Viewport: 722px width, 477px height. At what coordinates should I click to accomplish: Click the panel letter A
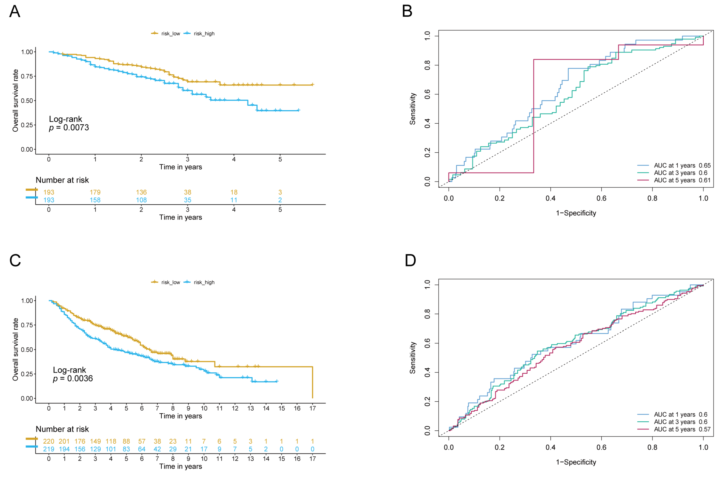coord(15,12)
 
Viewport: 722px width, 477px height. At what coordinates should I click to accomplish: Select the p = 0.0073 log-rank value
coord(69,128)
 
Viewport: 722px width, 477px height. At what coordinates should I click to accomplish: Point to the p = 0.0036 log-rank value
coord(73,378)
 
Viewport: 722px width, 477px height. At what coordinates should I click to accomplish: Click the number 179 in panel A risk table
coord(95,192)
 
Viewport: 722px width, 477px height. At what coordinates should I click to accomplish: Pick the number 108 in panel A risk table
coord(141,200)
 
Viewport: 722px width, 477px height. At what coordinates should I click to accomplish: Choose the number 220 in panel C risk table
coord(49,441)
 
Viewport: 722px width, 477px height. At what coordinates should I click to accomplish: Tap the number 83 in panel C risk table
coord(126,449)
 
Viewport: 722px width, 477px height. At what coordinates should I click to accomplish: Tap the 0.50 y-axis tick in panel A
coord(27,101)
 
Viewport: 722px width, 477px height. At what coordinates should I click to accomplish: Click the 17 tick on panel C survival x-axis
coord(313,408)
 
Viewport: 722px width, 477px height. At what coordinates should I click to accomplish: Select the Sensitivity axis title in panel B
coord(412,109)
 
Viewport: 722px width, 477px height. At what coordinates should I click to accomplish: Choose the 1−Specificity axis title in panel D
coord(576,462)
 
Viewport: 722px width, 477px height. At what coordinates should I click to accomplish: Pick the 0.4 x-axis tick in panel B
coord(550,198)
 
